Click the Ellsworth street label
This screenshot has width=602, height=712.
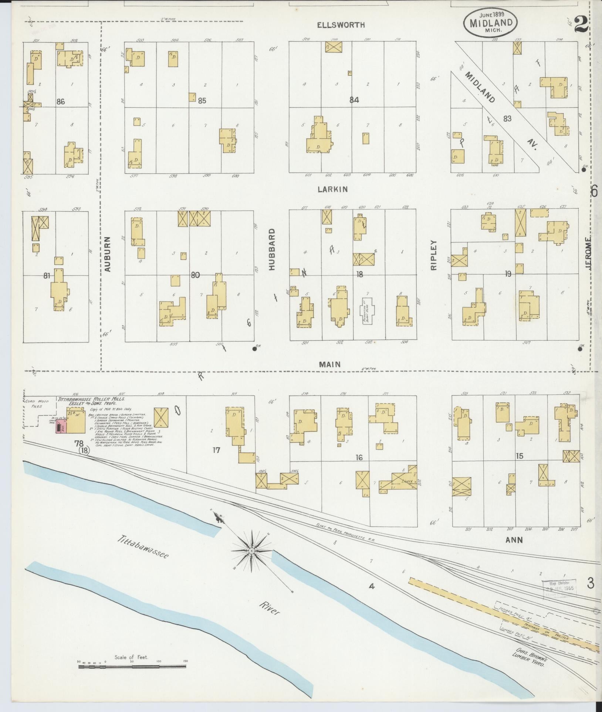click(x=346, y=25)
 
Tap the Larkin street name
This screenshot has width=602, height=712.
click(x=333, y=189)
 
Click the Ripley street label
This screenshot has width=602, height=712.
click(x=434, y=255)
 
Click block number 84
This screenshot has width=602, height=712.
click(x=354, y=99)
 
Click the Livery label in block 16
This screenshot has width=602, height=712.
click(x=407, y=481)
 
